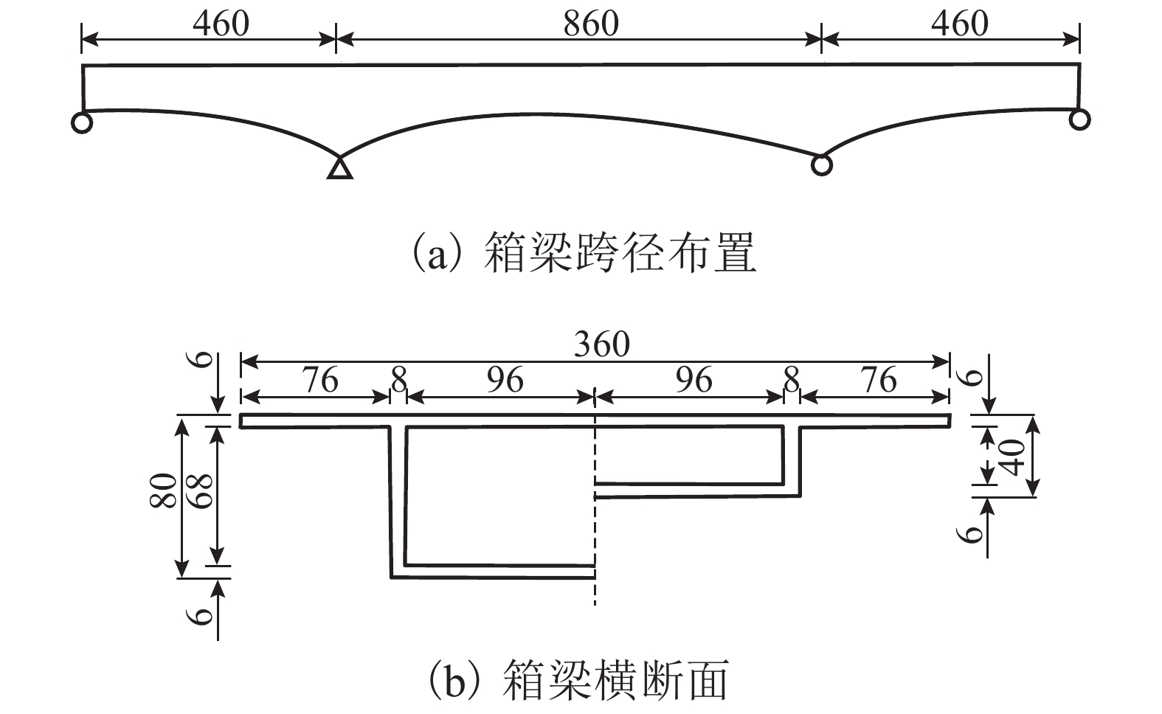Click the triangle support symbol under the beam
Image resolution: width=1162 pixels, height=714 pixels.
point(339,168)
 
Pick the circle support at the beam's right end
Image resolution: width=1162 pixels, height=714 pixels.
point(1079,119)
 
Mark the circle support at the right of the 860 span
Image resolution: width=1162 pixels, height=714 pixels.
point(821,164)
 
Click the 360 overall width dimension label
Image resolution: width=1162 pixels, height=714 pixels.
point(602,344)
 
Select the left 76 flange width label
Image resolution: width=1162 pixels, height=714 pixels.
point(319,381)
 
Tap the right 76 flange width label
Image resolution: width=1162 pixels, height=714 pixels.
point(878,381)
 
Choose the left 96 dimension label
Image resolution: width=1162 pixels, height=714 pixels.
point(505,381)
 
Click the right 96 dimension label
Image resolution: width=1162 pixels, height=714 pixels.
point(694,381)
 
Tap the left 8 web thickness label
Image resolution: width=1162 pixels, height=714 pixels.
point(398,381)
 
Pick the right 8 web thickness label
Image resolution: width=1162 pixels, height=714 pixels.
point(791,381)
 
